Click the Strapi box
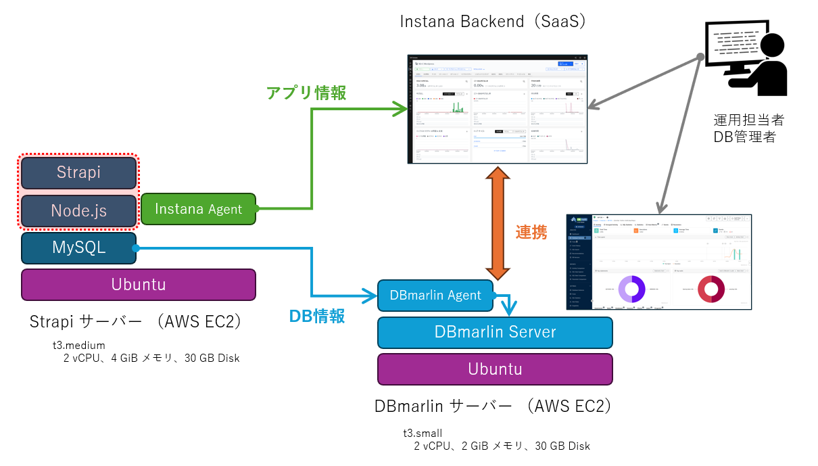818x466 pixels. (79, 172)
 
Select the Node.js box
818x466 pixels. (79, 210)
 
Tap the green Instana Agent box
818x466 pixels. (198, 209)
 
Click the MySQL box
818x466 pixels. (78, 248)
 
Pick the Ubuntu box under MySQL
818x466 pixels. (139, 284)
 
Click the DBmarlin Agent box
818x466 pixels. (435, 295)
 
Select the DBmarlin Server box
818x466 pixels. (495, 332)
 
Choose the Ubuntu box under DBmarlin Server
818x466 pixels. (495, 369)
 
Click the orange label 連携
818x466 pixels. (531, 232)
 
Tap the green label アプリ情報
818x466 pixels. (306, 93)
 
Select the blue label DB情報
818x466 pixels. (316, 316)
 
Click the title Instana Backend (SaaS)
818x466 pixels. (492, 22)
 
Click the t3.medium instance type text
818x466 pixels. (79, 346)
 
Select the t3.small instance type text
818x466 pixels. (423, 433)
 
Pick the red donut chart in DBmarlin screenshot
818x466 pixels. (711, 289)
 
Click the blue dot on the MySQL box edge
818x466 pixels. (136, 248)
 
